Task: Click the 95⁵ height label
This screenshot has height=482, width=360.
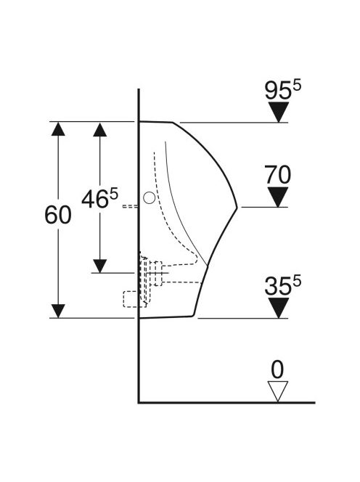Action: (x=283, y=90)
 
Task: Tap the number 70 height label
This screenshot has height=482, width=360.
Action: (x=277, y=175)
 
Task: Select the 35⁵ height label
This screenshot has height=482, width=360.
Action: (x=283, y=286)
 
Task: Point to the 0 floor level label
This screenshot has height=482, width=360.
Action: (x=277, y=369)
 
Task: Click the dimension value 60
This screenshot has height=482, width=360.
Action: (x=58, y=215)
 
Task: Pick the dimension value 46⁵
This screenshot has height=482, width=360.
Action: (x=99, y=198)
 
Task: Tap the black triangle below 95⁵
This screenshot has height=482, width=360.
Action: (x=279, y=112)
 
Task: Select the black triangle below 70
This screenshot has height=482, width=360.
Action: (x=278, y=197)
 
